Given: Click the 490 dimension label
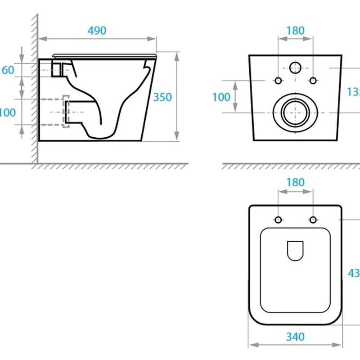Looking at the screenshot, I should (x=97, y=31).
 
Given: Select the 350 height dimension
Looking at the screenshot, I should (x=162, y=97).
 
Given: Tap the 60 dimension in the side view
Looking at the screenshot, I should (x=8, y=70).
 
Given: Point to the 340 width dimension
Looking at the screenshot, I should (x=295, y=337).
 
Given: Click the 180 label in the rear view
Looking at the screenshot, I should (x=295, y=31).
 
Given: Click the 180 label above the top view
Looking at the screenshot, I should (x=295, y=182).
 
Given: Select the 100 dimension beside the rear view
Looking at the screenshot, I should (x=221, y=97).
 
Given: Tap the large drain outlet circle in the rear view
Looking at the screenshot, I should (x=295, y=111).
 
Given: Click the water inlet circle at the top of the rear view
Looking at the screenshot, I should (x=295, y=68).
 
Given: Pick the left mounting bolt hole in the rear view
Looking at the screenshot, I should (x=278, y=81).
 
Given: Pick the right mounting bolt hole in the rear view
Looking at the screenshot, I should (x=312, y=81).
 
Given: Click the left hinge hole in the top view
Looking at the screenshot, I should (x=278, y=220).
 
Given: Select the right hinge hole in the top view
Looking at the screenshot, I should (x=312, y=220).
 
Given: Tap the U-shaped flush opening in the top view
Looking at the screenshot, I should (x=295, y=251).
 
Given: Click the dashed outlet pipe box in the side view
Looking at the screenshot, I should (x=66, y=111).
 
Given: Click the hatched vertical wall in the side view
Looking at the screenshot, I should (x=34, y=90).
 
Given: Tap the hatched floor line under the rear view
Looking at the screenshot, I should (x=292, y=166).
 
